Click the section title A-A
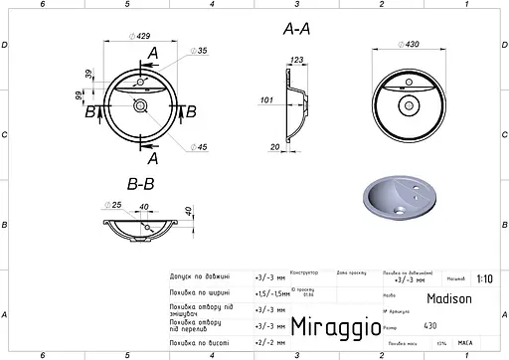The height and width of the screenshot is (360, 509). pos(298,31)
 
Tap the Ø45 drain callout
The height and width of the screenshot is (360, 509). pos(202,147)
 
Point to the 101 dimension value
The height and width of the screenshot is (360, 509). pos(265,99)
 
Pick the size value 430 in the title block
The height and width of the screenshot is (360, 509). pos(429,325)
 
